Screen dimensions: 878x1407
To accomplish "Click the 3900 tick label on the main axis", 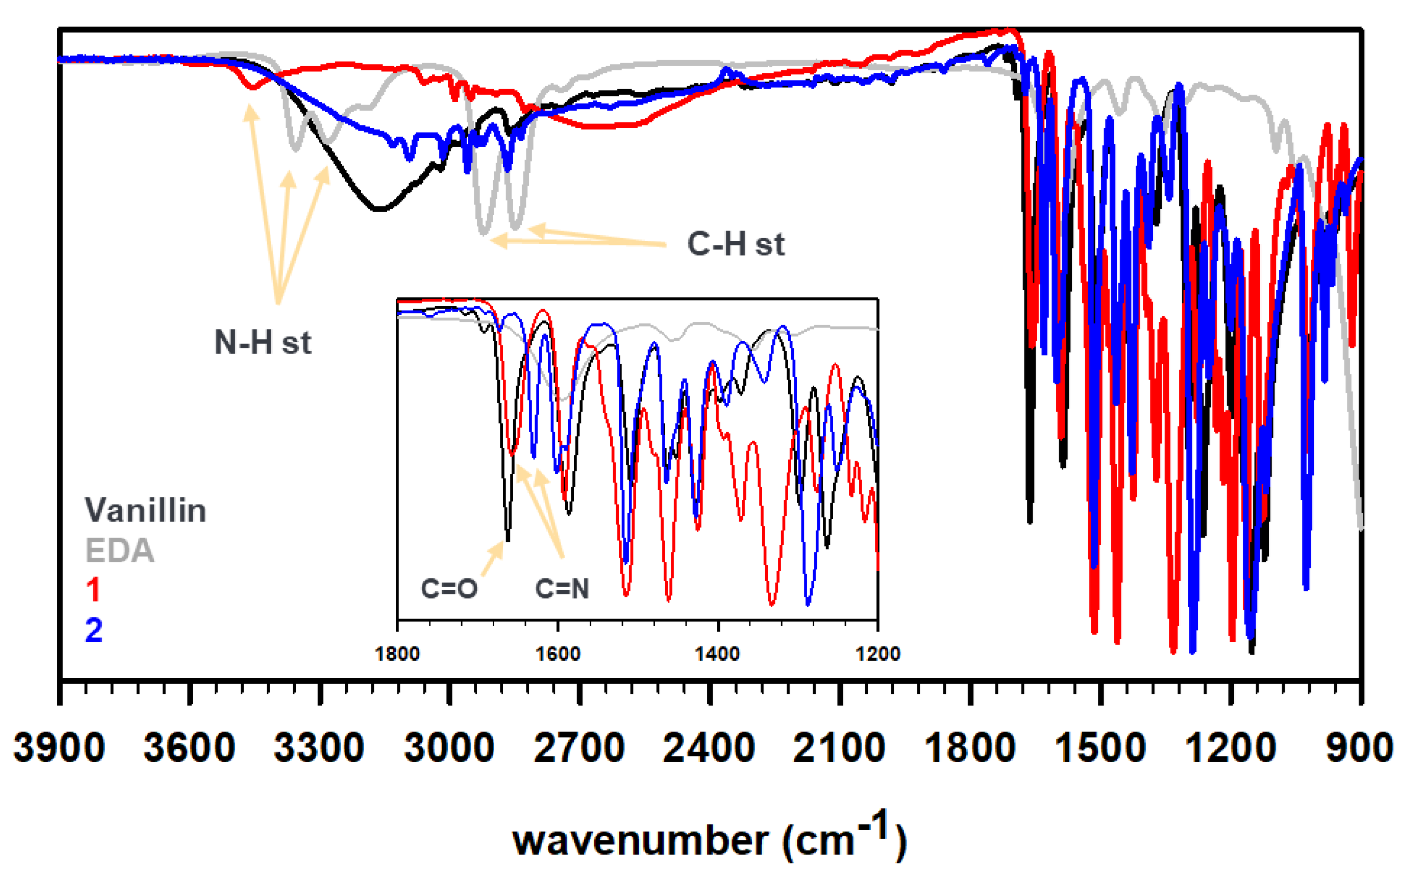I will pos(59,748).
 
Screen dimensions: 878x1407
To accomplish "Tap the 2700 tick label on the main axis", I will pos(579,748).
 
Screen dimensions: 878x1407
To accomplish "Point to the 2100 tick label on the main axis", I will pos(838,748).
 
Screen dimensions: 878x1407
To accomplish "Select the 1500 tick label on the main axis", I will pos(1099,748).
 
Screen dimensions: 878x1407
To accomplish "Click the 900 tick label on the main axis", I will pos(1359,748).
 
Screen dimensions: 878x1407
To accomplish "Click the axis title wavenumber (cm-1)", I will pos(710,839).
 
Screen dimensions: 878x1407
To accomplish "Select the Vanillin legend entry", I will pos(145,511).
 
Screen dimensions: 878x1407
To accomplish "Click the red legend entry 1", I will pos(93,590).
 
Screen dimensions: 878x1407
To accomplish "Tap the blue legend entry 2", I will pos(93,630).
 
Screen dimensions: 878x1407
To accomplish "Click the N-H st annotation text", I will pos(262,343).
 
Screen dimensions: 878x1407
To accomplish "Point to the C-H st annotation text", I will pos(736,244).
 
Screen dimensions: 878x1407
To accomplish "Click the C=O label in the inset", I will pos(449,589).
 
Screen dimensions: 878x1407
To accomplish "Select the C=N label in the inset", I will pos(562,589).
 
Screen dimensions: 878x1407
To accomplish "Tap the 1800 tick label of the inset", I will pos(397,654).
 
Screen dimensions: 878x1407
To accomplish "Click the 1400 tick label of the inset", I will pos(718,654).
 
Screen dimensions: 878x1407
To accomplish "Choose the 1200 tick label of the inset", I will pos(877,654).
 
